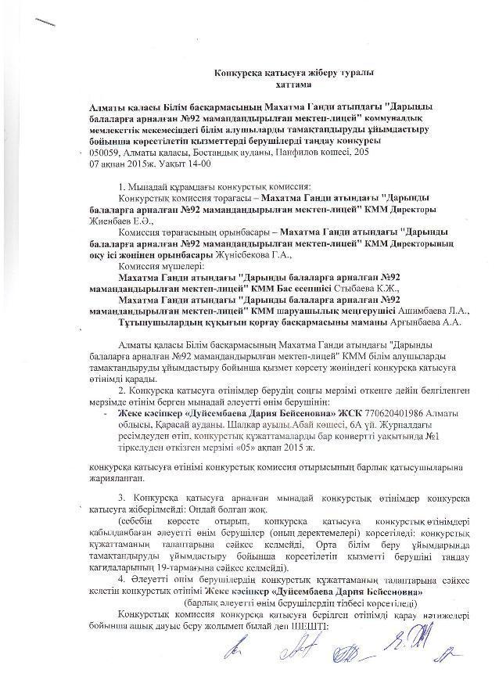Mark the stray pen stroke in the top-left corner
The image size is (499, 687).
pos(45,23)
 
